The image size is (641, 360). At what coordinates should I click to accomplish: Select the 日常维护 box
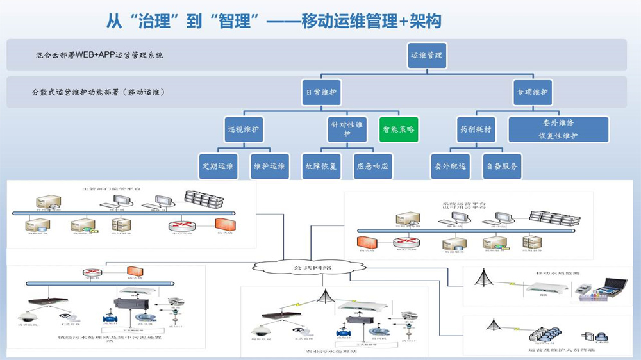[x=320, y=92]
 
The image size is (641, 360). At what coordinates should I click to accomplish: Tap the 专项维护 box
[x=532, y=92]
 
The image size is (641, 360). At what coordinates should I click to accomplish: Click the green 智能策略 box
[x=399, y=129]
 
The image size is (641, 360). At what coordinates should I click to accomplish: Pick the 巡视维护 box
[x=244, y=129]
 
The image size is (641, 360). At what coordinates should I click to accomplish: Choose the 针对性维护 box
[x=347, y=129]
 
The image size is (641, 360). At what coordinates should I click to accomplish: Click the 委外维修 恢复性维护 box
[x=558, y=129]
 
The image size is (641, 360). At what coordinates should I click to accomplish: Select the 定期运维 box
[x=218, y=167]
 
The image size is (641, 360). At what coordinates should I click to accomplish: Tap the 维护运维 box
[x=269, y=167]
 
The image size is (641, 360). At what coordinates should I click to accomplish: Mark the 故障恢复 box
[x=320, y=167]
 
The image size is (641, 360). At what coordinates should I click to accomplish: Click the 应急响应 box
[x=372, y=167]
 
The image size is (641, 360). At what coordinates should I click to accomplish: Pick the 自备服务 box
[x=503, y=167]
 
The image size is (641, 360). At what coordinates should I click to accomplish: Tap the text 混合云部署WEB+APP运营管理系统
[x=100, y=55]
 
